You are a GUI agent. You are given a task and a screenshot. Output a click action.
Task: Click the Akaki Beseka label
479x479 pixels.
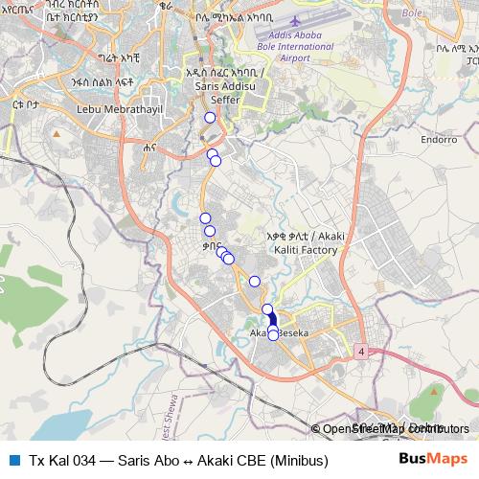click(279, 333)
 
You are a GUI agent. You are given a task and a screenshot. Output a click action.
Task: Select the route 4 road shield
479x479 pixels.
click(361, 353)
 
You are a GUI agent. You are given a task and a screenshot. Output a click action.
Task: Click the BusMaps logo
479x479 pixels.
click(433, 460)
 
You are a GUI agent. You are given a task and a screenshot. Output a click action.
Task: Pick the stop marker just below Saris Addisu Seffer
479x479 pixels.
click(210, 118)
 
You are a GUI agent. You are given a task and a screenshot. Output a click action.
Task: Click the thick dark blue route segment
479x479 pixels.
click(269, 319)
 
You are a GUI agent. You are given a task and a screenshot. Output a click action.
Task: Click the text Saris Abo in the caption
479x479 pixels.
click(149, 461)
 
